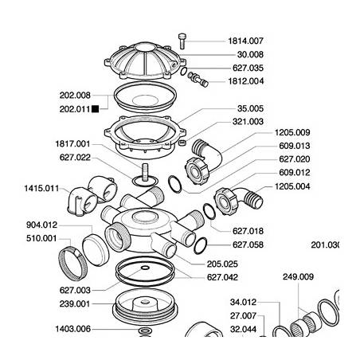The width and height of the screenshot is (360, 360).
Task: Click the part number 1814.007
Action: tap(245, 40)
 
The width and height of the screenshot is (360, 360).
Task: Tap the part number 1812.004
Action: tap(245, 81)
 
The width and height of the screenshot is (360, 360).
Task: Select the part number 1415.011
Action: tap(41, 188)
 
